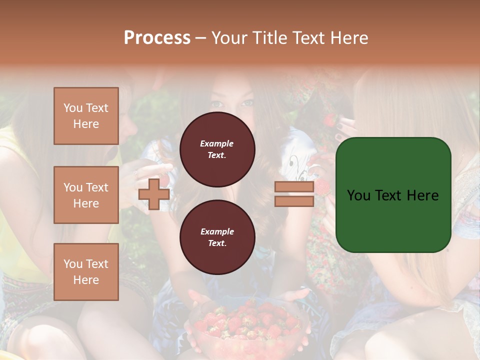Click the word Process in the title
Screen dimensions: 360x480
click(x=157, y=38)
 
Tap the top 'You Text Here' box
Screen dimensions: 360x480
click(x=86, y=116)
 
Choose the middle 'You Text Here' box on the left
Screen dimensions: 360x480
click(x=86, y=195)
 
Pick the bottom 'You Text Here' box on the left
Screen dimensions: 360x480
click(x=86, y=271)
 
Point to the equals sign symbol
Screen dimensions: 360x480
click(x=294, y=194)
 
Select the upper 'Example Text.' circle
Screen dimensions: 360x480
click(x=217, y=149)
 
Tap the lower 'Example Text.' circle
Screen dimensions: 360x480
click(x=217, y=237)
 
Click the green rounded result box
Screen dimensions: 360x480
click(x=393, y=194)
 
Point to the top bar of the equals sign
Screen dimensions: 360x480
click(x=294, y=187)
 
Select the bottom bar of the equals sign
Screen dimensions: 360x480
click(x=294, y=201)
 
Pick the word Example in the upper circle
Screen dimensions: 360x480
click(x=217, y=143)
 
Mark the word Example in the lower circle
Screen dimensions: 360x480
click(x=217, y=231)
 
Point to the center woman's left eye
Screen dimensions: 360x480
click(x=247, y=103)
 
